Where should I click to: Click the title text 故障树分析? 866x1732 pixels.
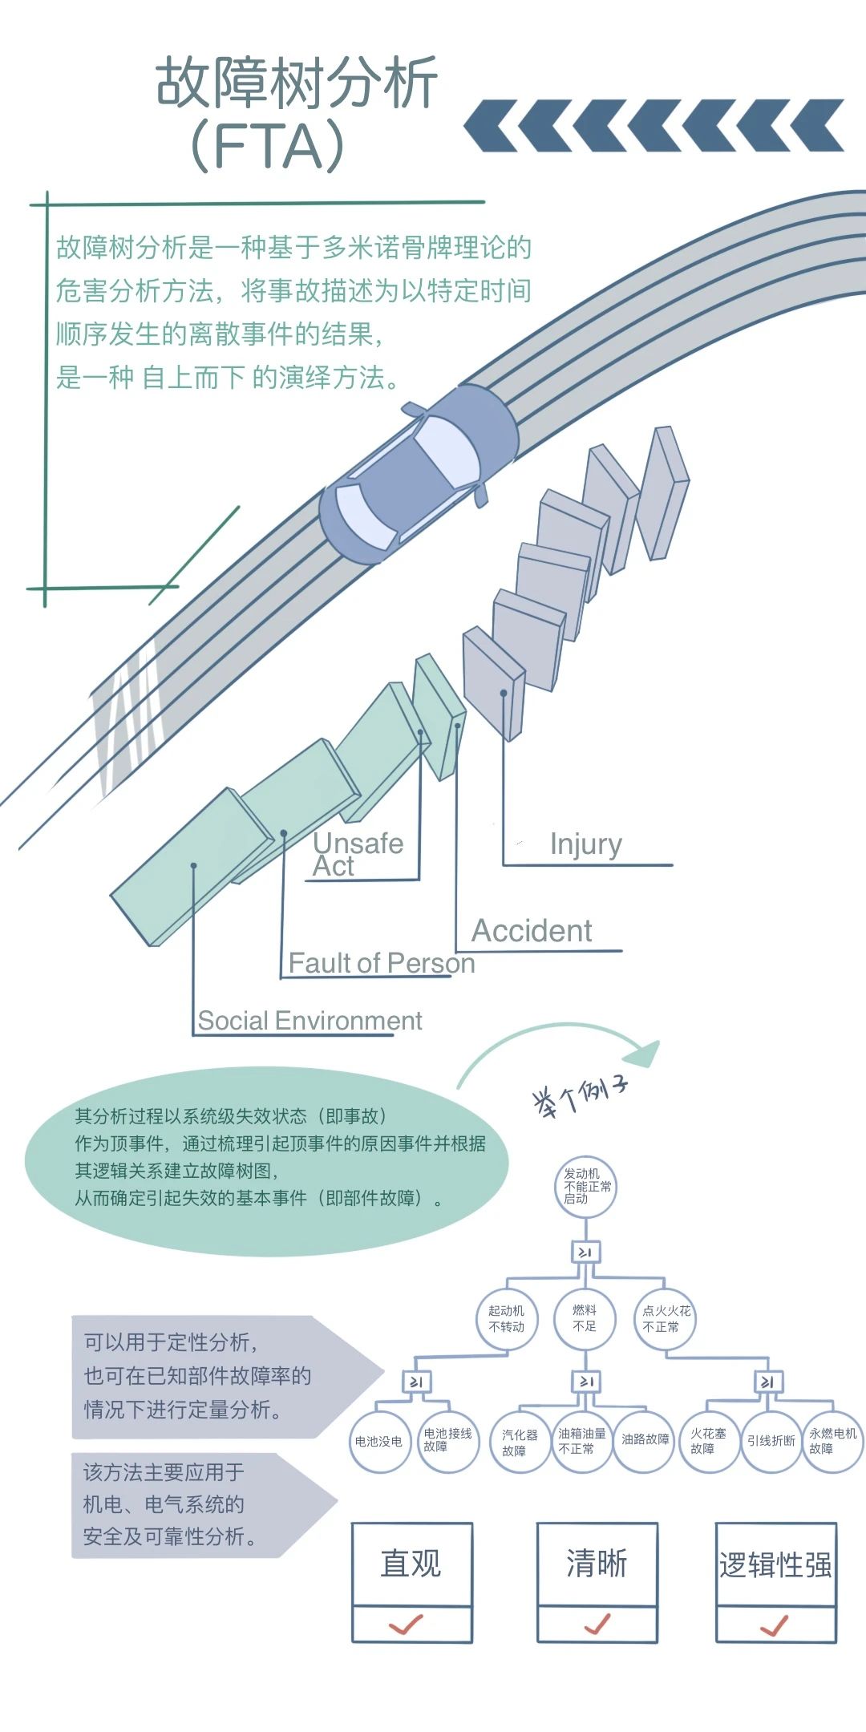click(x=297, y=83)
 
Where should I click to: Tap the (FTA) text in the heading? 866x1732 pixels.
click(x=268, y=146)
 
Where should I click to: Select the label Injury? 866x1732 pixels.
click(x=585, y=844)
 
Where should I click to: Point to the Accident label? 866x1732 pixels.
click(x=532, y=931)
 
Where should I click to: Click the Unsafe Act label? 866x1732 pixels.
click(x=358, y=855)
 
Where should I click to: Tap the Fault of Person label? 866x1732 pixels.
click(x=381, y=963)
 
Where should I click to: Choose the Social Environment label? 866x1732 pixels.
click(x=310, y=1021)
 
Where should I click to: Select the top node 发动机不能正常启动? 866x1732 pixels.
click(x=586, y=1187)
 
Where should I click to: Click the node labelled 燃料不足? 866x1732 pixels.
click(x=585, y=1318)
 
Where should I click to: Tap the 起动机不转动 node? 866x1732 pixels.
click(x=507, y=1318)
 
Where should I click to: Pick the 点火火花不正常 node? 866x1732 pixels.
click(x=666, y=1318)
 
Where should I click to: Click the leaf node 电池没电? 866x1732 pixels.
click(x=379, y=1442)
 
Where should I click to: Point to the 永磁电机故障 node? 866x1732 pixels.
click(x=832, y=1442)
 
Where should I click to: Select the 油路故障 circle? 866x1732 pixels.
click(x=645, y=1440)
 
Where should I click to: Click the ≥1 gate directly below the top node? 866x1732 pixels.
click(x=585, y=1252)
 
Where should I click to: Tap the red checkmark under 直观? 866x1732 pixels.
click(x=407, y=1625)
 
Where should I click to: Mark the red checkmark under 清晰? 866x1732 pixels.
click(x=597, y=1625)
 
